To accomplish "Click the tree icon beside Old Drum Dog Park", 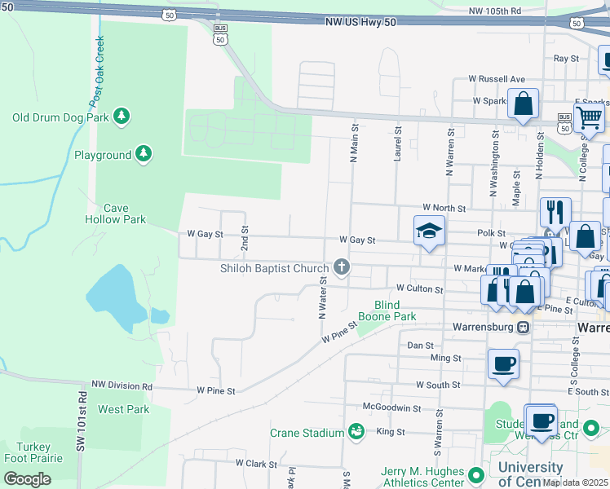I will point(122,117).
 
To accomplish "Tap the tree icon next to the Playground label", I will point(144,154).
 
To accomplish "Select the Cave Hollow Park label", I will point(115,214).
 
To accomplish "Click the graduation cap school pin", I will point(428,231).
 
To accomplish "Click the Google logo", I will point(27,478).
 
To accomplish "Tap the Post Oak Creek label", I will point(99,68).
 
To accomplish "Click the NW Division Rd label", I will point(122,385).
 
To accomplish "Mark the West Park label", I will point(124,409).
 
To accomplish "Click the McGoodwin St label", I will point(393,408).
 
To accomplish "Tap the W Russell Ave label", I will point(497,80).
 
